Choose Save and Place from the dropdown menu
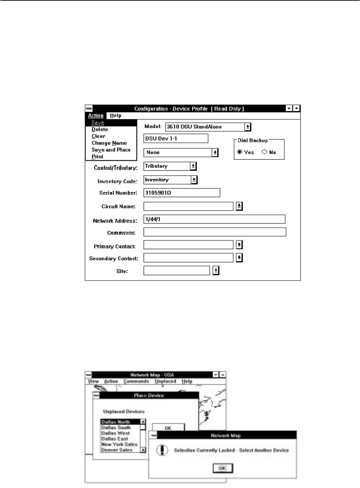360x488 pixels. pyautogui.click(x=111, y=150)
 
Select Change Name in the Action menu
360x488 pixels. pyautogui.click(x=109, y=143)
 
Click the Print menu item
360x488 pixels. pyautogui.click(x=97, y=157)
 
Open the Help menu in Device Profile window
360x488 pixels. pyautogui.click(x=116, y=115)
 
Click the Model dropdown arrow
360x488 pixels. pyautogui.click(x=248, y=127)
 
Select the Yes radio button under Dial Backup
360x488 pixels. pyautogui.click(x=240, y=152)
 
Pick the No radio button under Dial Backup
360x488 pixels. pyautogui.click(x=264, y=152)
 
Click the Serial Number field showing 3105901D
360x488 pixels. pyautogui.click(x=182, y=193)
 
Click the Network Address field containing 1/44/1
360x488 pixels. pyautogui.click(x=214, y=219)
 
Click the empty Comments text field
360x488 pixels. pyautogui.click(x=214, y=232)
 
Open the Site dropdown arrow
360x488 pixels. pyautogui.click(x=216, y=271)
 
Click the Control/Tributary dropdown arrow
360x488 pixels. pyautogui.click(x=193, y=166)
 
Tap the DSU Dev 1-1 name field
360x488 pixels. pyautogui.click(x=175, y=138)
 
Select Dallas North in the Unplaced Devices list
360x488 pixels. pyautogui.click(x=120, y=422)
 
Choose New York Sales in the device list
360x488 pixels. pyautogui.click(x=119, y=444)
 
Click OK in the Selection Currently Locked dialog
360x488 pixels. pyautogui.click(x=223, y=468)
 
